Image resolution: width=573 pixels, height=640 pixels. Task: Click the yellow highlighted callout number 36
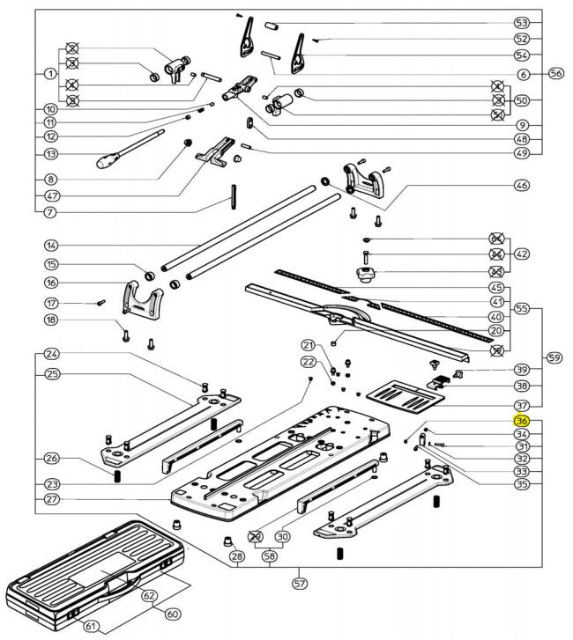coord(521,421)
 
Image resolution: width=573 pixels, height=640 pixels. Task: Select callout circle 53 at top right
coord(521,22)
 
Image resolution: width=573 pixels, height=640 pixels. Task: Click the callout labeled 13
coord(50,153)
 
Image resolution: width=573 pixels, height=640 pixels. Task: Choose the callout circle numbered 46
coord(521,186)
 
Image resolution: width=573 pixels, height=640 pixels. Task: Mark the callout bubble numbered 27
coord(50,499)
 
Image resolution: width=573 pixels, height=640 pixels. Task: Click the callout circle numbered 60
coord(174,614)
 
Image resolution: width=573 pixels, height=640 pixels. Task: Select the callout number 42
coord(522,254)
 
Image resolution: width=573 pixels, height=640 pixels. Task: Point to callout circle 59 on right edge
coord(554,357)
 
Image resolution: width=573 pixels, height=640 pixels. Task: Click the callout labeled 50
coord(522,99)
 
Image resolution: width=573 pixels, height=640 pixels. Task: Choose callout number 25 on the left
coord(50,374)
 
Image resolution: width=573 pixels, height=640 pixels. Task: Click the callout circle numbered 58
coord(268,557)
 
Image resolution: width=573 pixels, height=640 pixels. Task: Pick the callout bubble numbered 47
coord(50,195)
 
